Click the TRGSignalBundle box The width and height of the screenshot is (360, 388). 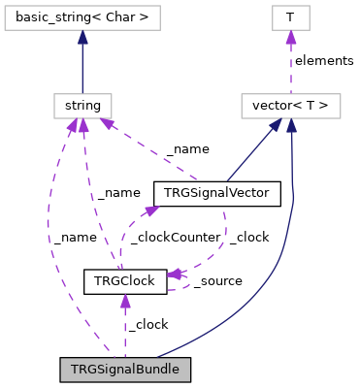pyautogui.click(x=124, y=370)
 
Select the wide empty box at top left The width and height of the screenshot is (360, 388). pyautogui.click(x=82, y=17)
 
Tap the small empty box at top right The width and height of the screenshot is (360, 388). pyautogui.click(x=290, y=17)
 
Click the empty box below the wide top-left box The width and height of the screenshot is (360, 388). pyautogui.click(x=82, y=106)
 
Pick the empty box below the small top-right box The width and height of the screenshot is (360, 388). pyautogui.click(x=290, y=106)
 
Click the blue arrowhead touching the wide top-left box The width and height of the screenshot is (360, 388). pyautogui.click(x=82, y=38)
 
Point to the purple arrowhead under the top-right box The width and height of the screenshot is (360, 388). pyautogui.click(x=290, y=38)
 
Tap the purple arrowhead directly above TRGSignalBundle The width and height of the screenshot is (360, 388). pyautogui.click(x=125, y=302)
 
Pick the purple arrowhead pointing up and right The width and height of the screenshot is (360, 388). pyautogui.click(x=151, y=209)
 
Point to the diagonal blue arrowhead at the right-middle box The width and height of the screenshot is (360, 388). pyautogui.click(x=275, y=125)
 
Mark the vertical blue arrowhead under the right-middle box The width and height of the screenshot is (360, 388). pyautogui.click(x=291, y=126)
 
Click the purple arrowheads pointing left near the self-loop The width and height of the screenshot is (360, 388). pyautogui.click(x=175, y=275)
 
